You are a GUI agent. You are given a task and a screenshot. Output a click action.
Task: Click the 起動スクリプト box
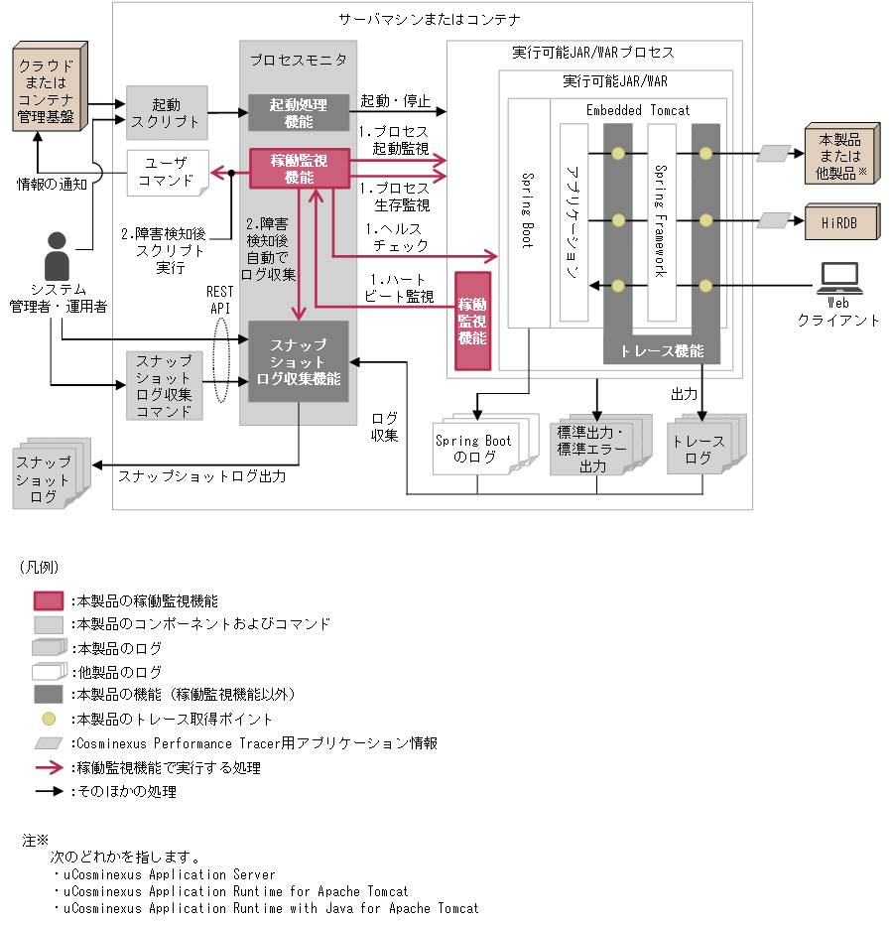coord(167,112)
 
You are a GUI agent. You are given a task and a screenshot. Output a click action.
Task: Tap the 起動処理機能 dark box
coord(299,112)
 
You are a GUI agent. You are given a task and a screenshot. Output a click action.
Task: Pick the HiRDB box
coord(840,220)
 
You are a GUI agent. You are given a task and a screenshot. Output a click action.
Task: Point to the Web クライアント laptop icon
coord(837,279)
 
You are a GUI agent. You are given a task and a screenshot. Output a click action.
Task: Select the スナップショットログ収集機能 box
coord(299,362)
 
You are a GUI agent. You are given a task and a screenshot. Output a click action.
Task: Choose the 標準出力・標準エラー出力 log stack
coord(593,448)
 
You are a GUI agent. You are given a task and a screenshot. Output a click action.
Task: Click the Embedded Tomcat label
coord(637,110)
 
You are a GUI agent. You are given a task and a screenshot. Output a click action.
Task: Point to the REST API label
coord(219,300)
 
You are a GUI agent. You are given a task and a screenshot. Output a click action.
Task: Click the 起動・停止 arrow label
coord(394,100)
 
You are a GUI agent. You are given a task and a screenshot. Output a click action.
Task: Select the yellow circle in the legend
coord(49,719)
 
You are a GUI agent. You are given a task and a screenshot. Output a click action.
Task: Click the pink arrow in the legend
coord(49,767)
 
